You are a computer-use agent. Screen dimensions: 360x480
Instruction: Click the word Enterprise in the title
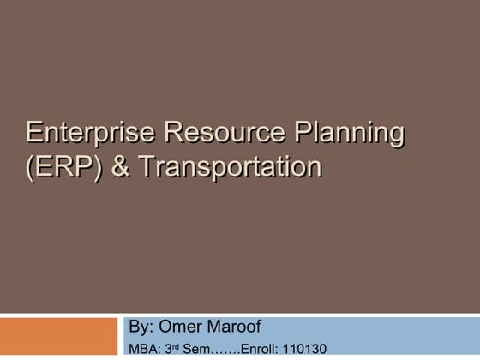(x=88, y=133)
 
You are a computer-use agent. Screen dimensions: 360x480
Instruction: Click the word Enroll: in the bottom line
(x=260, y=349)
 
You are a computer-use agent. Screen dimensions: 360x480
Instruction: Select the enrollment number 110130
(x=304, y=349)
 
